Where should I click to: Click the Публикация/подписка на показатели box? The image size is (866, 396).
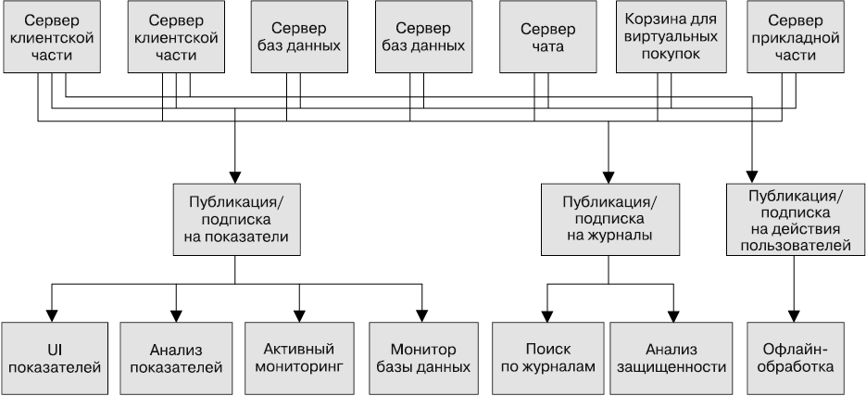(x=236, y=218)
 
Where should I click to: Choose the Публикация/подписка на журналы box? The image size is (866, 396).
(x=609, y=218)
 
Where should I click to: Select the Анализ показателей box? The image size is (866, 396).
(x=176, y=358)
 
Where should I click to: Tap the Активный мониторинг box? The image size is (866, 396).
(x=298, y=358)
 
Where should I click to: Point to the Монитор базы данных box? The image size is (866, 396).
(x=423, y=358)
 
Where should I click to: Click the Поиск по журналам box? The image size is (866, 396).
(x=546, y=358)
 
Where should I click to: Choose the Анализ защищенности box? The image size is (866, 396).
(x=669, y=358)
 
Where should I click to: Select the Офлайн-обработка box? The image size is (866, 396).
(x=793, y=358)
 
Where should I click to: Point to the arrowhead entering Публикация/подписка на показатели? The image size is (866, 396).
(x=236, y=175)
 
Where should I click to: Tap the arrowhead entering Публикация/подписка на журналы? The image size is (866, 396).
(x=609, y=175)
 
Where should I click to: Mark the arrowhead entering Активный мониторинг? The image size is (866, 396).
(x=299, y=314)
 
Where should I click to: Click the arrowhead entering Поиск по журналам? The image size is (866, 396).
(x=546, y=314)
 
